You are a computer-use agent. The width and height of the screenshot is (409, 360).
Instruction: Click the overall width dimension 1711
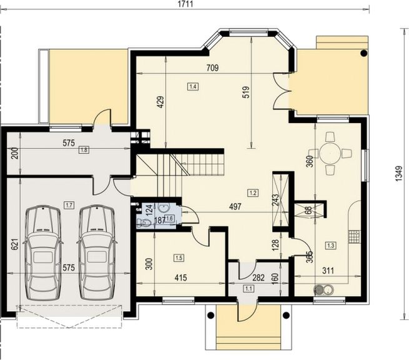(185, 4)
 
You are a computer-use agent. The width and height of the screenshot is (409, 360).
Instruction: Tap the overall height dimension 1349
(399, 173)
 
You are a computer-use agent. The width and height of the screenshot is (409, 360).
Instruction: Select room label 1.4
(193, 86)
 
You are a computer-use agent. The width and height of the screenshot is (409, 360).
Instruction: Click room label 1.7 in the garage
(69, 205)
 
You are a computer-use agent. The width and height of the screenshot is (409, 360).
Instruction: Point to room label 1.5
(179, 258)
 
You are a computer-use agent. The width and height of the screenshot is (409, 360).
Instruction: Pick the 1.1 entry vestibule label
(249, 289)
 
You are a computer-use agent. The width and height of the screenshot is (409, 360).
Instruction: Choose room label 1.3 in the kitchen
(331, 246)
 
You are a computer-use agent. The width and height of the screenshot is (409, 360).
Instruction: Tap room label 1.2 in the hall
(253, 193)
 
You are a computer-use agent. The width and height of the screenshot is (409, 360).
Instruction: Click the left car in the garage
(42, 252)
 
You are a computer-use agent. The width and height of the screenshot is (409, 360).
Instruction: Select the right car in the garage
(97, 252)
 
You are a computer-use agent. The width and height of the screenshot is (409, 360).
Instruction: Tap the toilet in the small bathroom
(144, 222)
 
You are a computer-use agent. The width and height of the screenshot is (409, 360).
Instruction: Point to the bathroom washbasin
(164, 209)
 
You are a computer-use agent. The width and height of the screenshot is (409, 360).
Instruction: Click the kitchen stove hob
(354, 237)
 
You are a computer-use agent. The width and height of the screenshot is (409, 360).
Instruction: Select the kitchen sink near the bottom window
(323, 289)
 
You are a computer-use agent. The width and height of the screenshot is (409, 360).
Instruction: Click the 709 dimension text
(212, 68)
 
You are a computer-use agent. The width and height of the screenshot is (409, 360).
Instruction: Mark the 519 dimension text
(246, 92)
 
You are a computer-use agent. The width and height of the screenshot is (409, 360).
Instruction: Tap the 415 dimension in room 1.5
(180, 277)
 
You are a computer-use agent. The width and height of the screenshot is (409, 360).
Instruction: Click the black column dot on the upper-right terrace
(363, 54)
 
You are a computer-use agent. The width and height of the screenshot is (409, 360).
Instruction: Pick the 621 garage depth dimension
(15, 244)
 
